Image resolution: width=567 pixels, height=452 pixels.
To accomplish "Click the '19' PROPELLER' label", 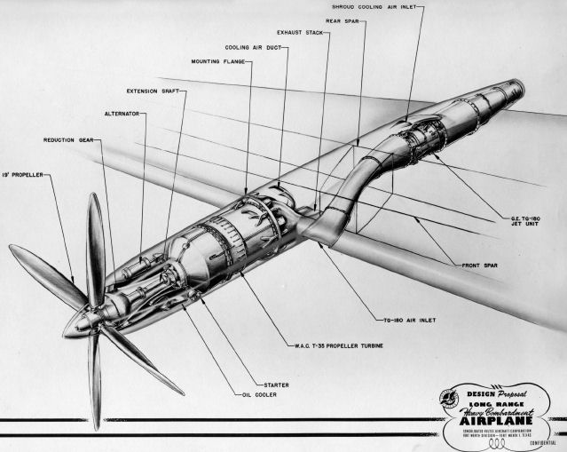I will [21, 174].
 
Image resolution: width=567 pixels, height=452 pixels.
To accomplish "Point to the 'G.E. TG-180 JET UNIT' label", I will [522, 220].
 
